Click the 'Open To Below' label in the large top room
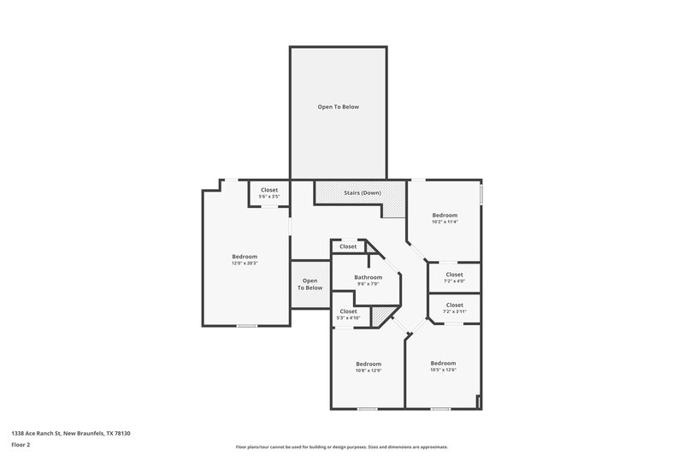[x=339, y=107]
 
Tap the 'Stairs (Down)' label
[x=362, y=192]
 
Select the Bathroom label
[x=368, y=276]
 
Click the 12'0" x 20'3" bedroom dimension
[x=245, y=264]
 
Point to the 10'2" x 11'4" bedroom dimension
[x=445, y=222]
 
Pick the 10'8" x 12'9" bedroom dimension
[x=369, y=370]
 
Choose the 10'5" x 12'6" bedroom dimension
[x=443, y=370]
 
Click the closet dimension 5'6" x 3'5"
[x=269, y=197]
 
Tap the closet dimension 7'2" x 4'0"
[x=454, y=281]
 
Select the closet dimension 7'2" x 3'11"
[x=454, y=311]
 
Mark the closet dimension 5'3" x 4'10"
[x=348, y=317]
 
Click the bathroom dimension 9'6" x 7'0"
[x=368, y=284]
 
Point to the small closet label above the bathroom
[x=348, y=246]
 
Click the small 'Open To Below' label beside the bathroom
[x=310, y=284]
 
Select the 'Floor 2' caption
[x=21, y=445]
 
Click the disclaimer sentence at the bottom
[x=341, y=447]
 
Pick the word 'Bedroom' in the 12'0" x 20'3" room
[x=245, y=257]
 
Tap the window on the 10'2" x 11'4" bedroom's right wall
[x=481, y=195]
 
